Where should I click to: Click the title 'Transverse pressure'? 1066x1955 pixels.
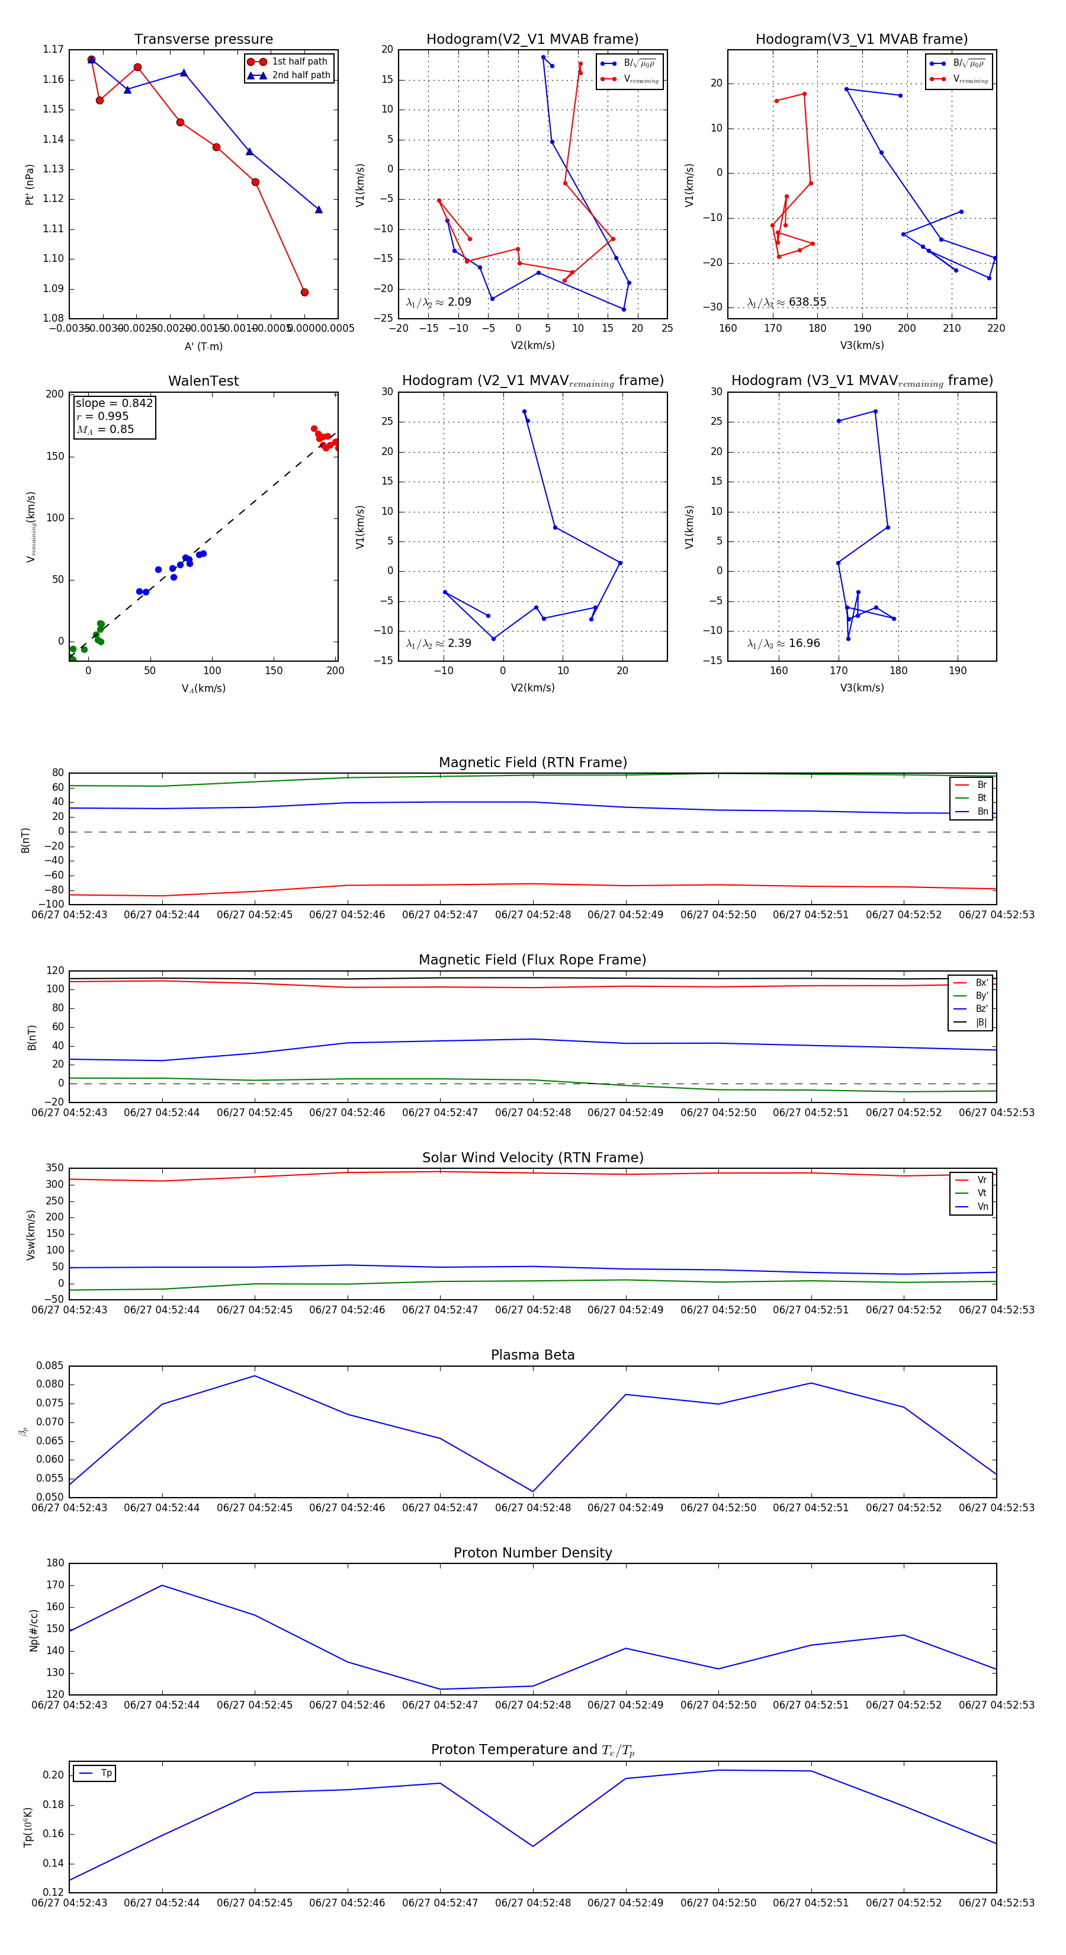pyautogui.click(x=203, y=40)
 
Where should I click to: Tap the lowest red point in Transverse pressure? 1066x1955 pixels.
pyautogui.click(x=304, y=292)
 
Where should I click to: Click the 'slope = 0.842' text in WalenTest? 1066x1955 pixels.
pyautogui.click(x=114, y=403)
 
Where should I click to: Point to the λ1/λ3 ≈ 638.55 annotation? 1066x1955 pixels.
pyautogui.click(x=787, y=302)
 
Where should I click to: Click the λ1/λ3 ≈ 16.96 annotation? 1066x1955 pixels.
pyautogui.click(x=784, y=643)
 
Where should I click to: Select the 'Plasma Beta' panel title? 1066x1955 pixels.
pyautogui.click(x=532, y=1355)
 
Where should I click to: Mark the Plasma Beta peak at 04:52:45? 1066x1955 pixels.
pyautogui.click(x=254, y=1376)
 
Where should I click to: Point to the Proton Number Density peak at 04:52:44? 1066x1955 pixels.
pyautogui.click(x=162, y=1585)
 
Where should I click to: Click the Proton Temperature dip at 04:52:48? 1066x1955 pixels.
pyautogui.click(x=532, y=1847)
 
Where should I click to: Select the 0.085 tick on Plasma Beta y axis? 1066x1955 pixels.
pyautogui.click(x=50, y=1366)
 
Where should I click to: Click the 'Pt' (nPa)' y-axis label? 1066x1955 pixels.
pyautogui.click(x=30, y=184)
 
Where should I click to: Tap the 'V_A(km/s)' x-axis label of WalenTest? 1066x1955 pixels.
pyautogui.click(x=203, y=688)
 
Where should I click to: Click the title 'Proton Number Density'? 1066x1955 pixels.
pyautogui.click(x=532, y=1553)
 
